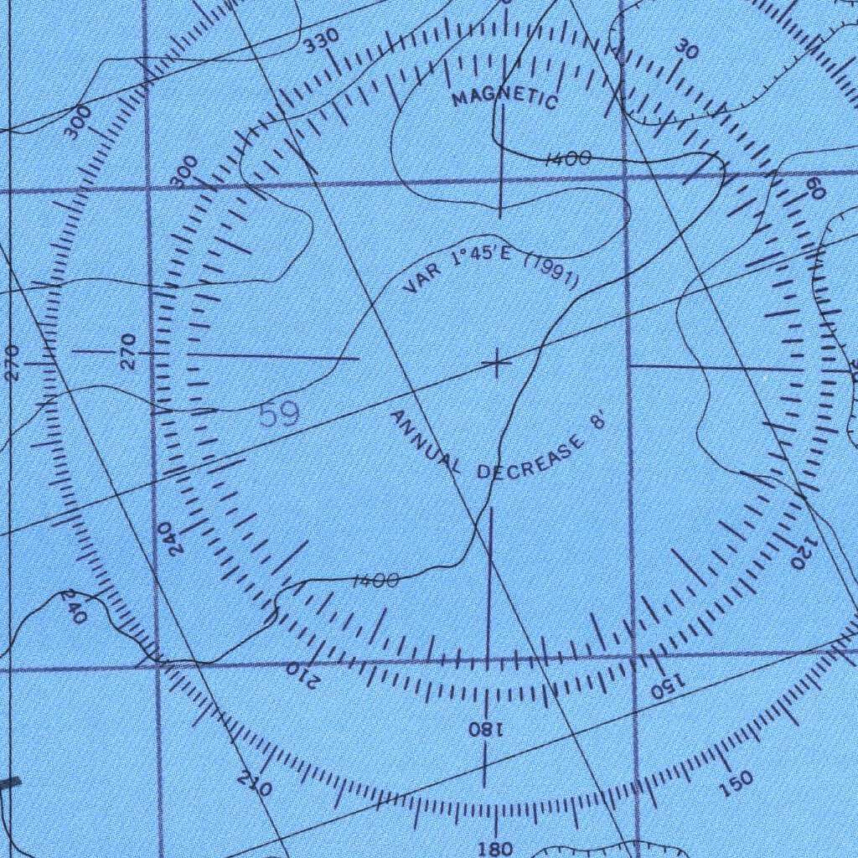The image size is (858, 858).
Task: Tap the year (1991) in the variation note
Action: pyautogui.click(x=551, y=274)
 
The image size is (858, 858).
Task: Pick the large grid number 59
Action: pyautogui.click(x=279, y=416)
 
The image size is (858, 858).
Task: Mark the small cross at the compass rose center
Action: pyautogui.click(x=497, y=364)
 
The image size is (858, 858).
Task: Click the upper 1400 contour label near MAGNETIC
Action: pyautogui.click(x=569, y=159)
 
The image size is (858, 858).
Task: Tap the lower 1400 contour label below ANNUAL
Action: pyautogui.click(x=375, y=581)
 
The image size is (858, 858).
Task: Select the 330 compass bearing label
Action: pyautogui.click(x=321, y=40)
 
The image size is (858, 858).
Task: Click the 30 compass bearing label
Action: pyautogui.click(x=686, y=49)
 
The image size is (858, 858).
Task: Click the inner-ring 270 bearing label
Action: pyautogui.click(x=127, y=351)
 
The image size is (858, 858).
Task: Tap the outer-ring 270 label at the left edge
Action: pyautogui.click(x=11, y=363)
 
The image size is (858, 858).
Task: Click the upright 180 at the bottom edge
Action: pyautogui.click(x=496, y=849)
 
